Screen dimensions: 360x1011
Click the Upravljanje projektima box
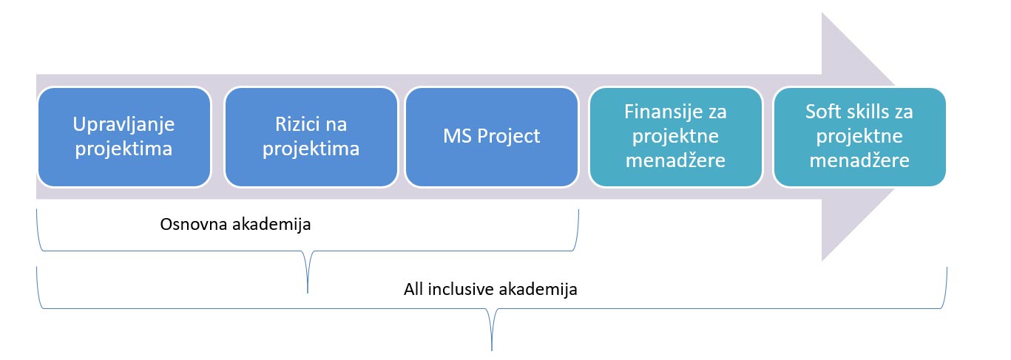[x=124, y=137]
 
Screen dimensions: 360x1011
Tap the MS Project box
[x=492, y=137]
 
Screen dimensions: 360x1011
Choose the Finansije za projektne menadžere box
[x=675, y=137]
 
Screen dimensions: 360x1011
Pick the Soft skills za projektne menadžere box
[x=859, y=137]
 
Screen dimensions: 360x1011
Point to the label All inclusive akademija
[x=490, y=289]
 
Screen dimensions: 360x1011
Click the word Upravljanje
[x=124, y=125]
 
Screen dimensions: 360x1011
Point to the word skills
[x=863, y=113]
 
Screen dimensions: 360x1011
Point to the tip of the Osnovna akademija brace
[x=307, y=291]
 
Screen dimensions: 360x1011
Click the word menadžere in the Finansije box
[x=675, y=160]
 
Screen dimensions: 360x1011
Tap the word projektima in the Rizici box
[x=311, y=149]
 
